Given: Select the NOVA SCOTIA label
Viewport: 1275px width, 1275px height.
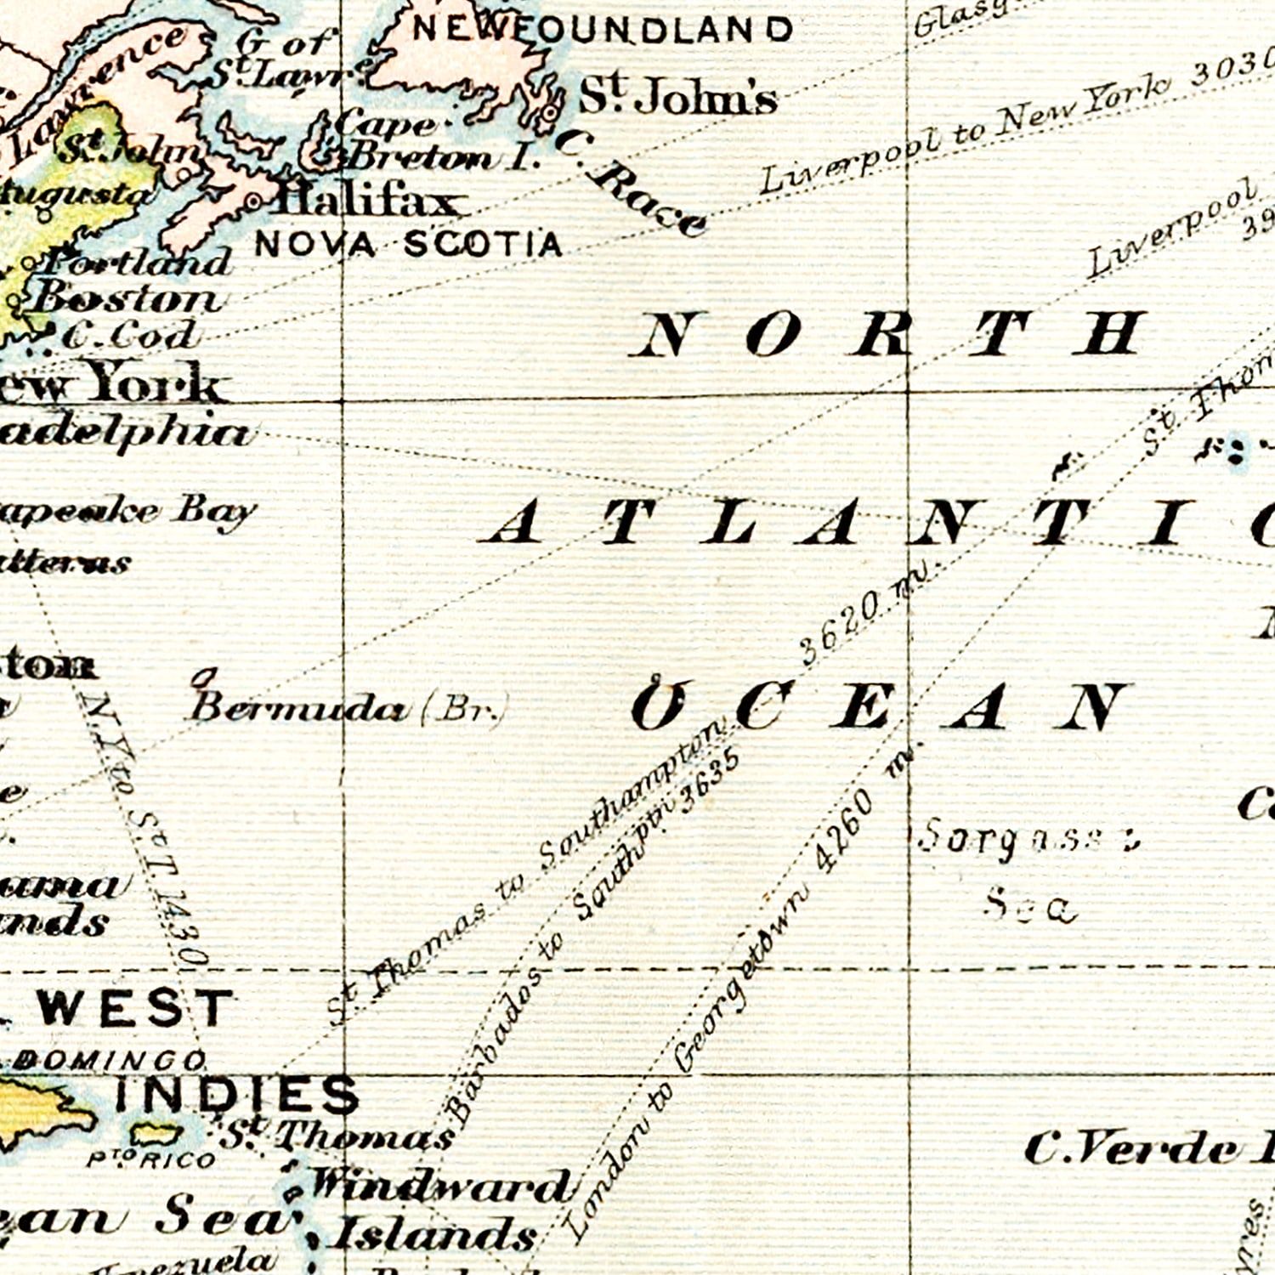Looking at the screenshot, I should [409, 245].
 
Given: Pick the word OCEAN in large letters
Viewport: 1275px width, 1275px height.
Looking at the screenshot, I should [880, 707].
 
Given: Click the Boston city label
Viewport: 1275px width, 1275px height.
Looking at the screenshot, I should [127, 298].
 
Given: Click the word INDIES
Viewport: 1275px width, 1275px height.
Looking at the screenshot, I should [237, 1094].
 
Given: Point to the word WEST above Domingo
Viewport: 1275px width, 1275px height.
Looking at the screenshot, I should [135, 1008].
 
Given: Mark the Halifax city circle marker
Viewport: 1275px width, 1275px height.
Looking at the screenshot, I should [253, 202].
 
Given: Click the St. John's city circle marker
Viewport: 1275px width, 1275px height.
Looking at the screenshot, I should [552, 111].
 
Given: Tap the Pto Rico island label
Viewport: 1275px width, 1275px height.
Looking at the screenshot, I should [152, 1159].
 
